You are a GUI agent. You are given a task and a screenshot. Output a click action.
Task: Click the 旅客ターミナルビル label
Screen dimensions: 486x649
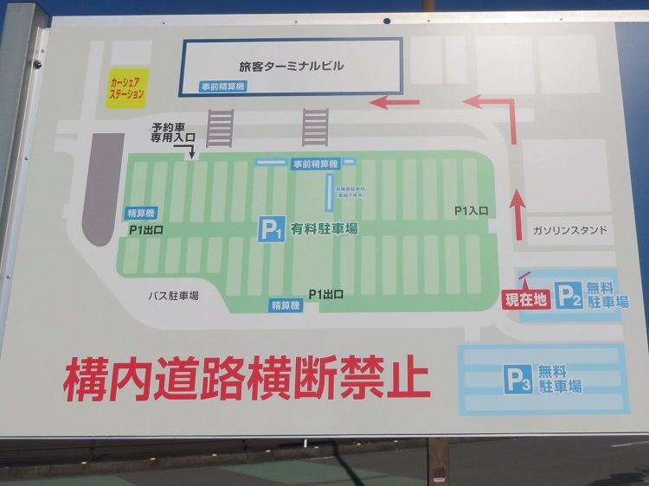tap(291, 66)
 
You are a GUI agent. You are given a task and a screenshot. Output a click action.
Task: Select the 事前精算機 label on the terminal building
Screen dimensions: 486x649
tap(223, 86)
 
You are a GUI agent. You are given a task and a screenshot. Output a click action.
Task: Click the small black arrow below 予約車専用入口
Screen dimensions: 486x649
tap(192, 151)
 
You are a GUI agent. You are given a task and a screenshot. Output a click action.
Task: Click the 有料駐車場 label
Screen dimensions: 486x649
tap(324, 228)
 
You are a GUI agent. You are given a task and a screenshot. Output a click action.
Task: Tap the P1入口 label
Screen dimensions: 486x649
tap(472, 210)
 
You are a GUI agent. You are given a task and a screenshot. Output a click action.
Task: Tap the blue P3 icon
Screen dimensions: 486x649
tap(517, 380)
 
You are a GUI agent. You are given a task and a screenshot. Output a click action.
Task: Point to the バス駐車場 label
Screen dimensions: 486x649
tap(172, 296)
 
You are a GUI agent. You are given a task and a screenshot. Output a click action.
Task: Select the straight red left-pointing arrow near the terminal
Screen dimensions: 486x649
tap(394, 103)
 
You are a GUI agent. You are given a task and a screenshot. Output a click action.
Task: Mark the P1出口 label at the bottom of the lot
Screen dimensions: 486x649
tap(326, 294)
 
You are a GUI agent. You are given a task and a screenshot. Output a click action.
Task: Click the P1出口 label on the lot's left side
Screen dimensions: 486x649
tap(146, 230)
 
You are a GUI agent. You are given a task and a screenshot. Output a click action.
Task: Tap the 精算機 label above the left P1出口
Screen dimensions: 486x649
tap(141, 213)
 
